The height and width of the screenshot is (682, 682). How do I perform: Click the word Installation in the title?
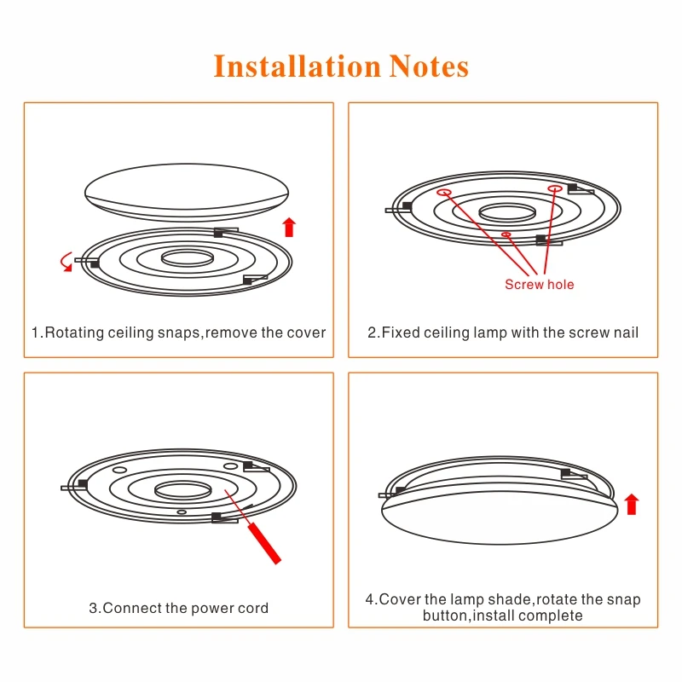[x=298, y=66]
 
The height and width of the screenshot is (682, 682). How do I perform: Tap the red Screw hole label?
[x=539, y=285]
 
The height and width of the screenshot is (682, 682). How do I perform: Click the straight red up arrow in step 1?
[x=289, y=227]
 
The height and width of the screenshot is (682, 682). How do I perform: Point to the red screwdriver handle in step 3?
[x=266, y=543]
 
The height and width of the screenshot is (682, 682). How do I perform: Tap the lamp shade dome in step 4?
[x=499, y=517]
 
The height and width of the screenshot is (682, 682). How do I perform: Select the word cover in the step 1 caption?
[x=307, y=332]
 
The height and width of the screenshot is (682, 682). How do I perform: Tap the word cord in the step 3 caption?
[x=252, y=608]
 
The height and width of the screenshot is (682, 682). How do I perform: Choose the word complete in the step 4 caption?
[x=552, y=616]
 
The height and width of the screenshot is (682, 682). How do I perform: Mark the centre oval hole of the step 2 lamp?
[x=506, y=211]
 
